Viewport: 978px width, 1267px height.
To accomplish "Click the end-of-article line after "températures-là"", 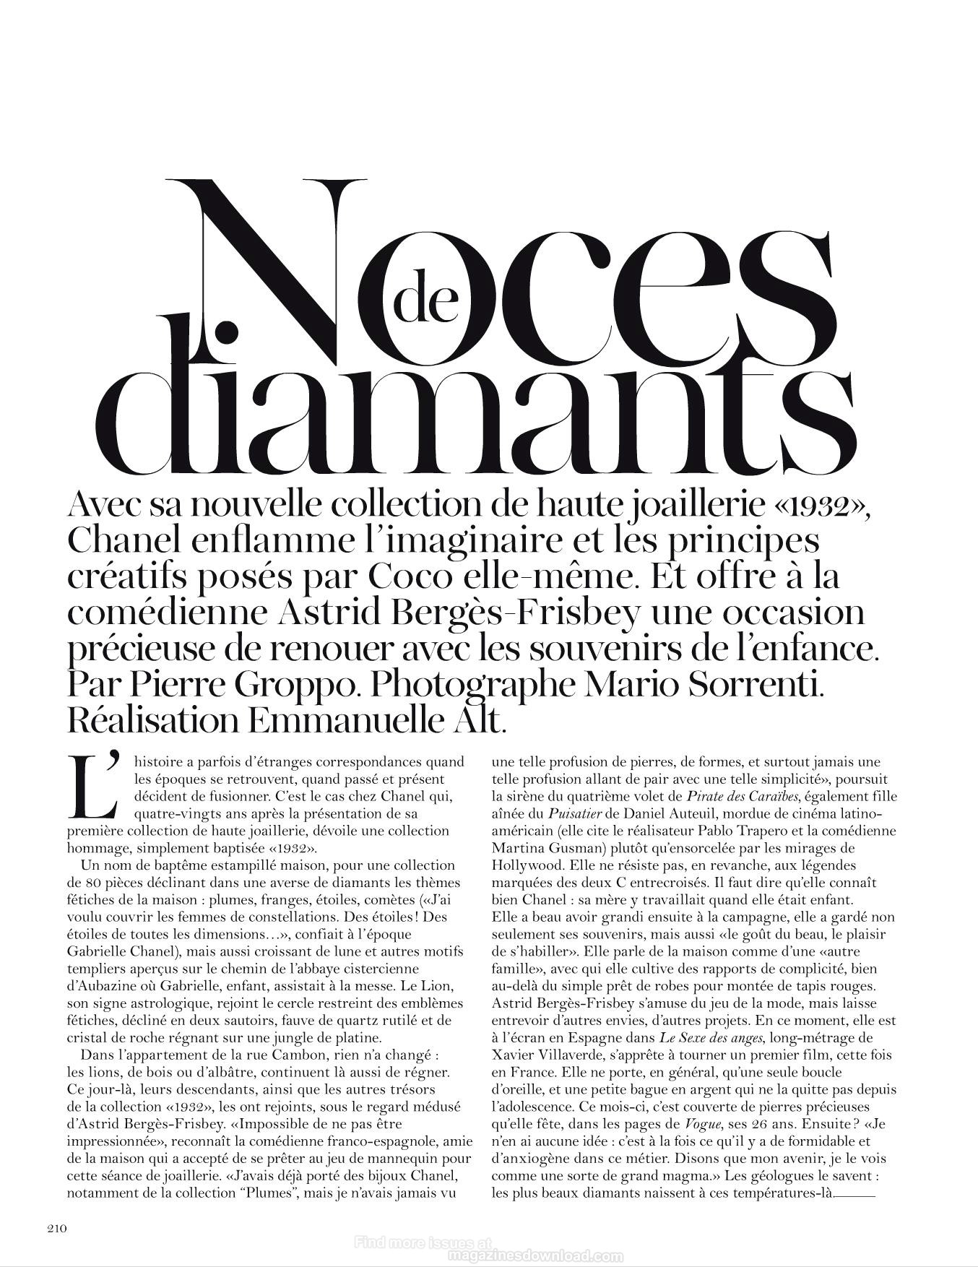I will tap(855, 1195).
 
